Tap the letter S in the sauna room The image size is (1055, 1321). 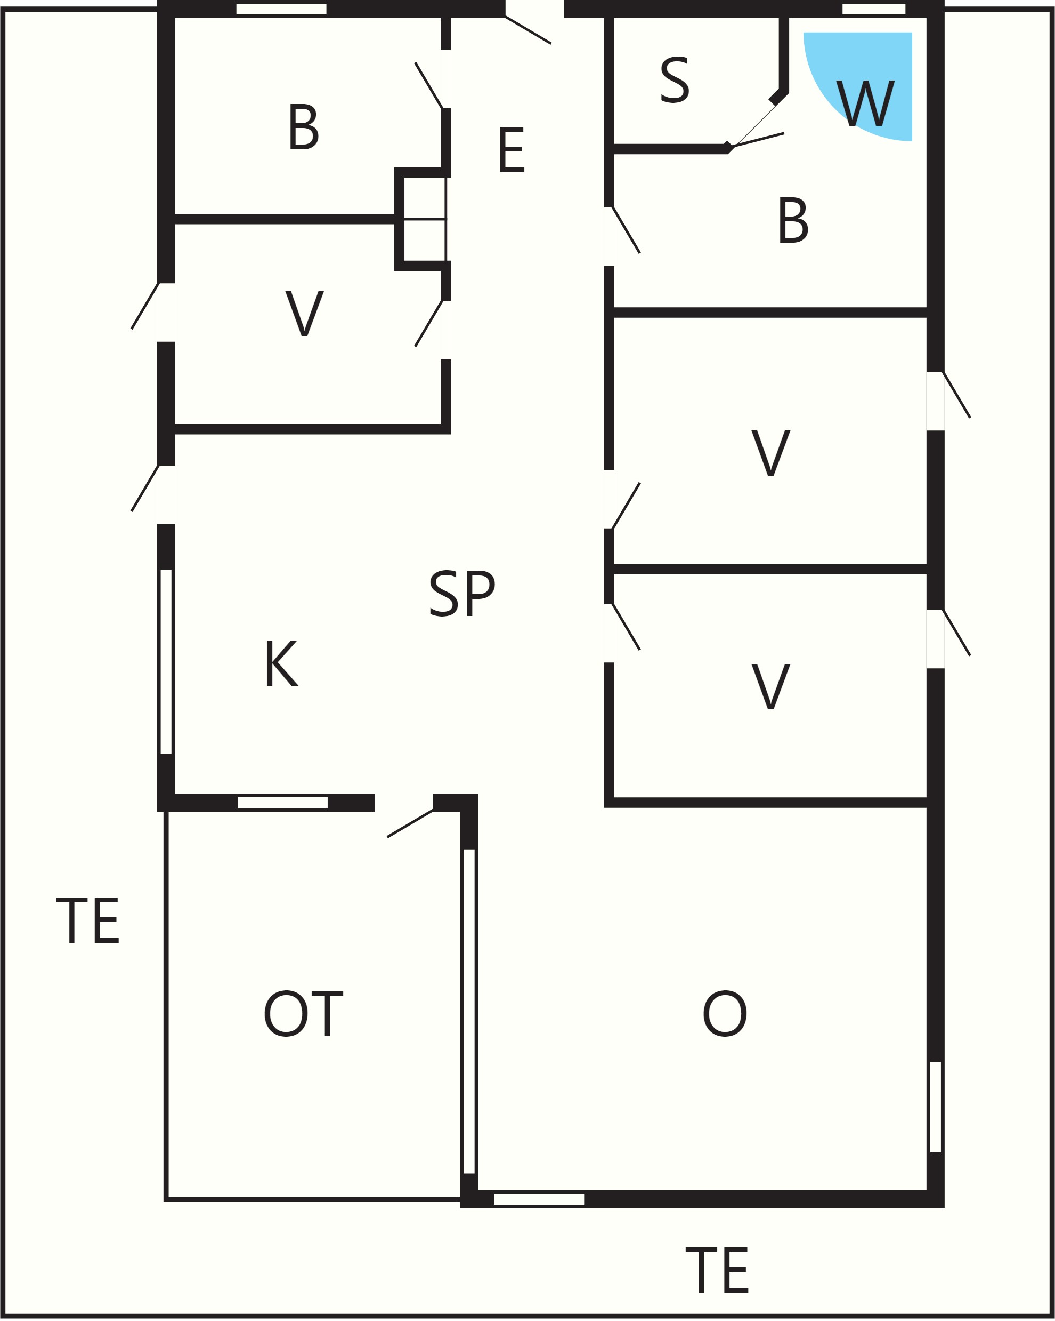(675, 81)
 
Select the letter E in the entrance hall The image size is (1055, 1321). (512, 149)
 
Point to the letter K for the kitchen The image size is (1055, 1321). (282, 663)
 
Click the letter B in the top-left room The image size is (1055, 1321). (304, 127)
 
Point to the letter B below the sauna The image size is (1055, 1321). (793, 221)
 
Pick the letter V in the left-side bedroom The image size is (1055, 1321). (304, 313)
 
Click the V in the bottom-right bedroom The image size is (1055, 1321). (770, 687)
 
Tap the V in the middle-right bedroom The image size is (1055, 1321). (770, 453)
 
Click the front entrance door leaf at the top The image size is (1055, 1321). (529, 30)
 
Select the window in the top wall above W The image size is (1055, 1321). (874, 9)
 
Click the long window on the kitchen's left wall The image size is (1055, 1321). (166, 661)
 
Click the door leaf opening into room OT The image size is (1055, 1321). (410, 823)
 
